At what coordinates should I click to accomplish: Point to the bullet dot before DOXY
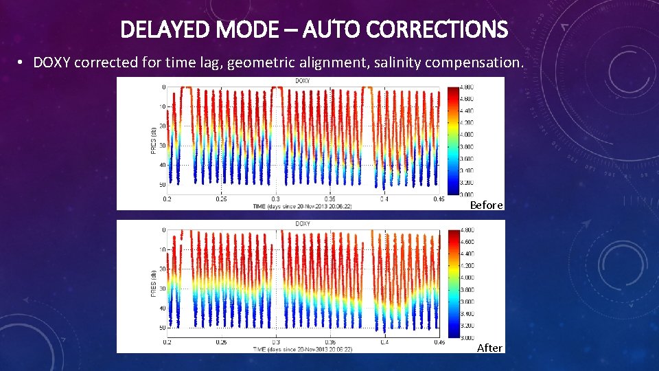[x=22, y=63]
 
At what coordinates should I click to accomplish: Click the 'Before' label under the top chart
[x=486, y=205]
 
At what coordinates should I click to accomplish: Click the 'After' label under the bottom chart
[x=489, y=348]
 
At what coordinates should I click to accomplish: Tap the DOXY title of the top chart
[x=301, y=81]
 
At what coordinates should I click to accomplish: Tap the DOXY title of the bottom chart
[x=301, y=224]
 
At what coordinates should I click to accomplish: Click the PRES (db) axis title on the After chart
[x=154, y=279]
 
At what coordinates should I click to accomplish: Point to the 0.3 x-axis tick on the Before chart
[x=275, y=199]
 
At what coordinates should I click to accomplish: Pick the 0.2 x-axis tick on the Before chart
[x=167, y=199]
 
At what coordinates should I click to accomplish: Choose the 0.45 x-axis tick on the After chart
[x=438, y=341]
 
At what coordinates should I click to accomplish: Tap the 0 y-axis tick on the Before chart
[x=163, y=87]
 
